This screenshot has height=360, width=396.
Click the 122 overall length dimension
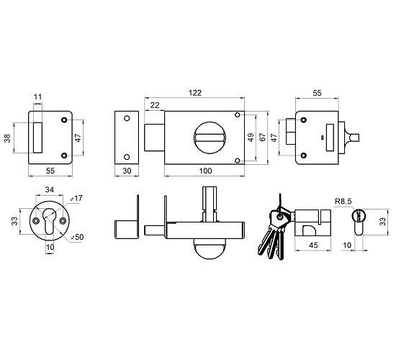tap(195, 93)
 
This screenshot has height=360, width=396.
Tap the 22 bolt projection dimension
tap(155, 105)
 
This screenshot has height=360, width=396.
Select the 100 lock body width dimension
tap(206, 171)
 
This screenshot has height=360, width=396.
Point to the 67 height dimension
tap(263, 138)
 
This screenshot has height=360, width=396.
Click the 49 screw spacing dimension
tap(251, 138)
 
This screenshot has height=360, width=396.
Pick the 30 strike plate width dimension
tap(127, 171)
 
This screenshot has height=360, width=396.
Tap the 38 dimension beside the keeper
tap(7, 138)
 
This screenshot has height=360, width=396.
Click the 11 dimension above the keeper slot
tap(37, 96)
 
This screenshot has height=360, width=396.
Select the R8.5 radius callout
tap(343, 202)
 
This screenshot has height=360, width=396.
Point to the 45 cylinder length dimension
tap(313, 245)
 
